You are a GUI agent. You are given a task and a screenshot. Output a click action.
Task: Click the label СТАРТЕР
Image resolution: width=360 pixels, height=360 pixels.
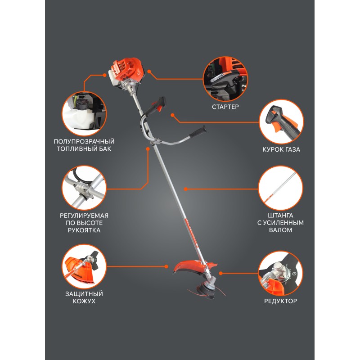tap(225, 107)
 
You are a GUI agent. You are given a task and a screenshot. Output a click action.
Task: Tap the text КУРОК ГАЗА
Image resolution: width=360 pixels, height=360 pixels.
tap(281, 149)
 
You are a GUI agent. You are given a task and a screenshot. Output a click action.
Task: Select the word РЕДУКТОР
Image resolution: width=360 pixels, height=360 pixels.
tap(280, 301)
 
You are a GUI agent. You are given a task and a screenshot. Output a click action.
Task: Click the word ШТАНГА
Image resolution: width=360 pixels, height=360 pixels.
tap(280, 216)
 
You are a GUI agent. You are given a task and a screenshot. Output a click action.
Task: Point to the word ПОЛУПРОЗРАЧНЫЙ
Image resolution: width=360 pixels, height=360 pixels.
tap(84, 141)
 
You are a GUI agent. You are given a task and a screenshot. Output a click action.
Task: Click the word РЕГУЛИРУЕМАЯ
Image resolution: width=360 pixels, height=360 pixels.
tap(84, 216)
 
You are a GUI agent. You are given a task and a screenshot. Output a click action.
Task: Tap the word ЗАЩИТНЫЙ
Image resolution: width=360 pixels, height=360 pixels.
tap(84, 294)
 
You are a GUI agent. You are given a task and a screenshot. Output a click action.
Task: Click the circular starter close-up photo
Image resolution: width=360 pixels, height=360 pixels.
tap(225, 79)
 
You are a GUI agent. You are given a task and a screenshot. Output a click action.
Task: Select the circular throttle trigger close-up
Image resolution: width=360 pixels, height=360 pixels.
tap(281, 121)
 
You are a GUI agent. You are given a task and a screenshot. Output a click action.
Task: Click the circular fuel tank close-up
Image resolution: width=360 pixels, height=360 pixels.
tap(84, 113)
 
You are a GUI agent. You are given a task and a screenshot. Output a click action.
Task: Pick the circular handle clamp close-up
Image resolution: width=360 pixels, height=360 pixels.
tap(84, 188)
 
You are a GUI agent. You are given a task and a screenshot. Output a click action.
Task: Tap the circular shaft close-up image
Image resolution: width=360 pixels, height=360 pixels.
tap(280, 188)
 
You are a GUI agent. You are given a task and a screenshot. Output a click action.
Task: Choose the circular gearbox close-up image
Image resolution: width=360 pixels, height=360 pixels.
tap(280, 273)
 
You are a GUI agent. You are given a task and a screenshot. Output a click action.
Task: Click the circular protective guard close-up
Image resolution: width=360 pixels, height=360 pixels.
tap(84, 266)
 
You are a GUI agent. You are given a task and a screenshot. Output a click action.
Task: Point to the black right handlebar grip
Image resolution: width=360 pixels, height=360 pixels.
tap(198, 132)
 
